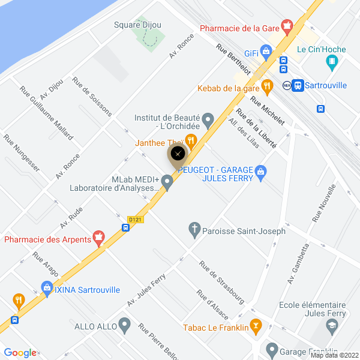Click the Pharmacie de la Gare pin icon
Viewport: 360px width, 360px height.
(x=287, y=26)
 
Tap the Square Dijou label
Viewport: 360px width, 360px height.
(x=138, y=25)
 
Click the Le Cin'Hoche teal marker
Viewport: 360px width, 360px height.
(x=331, y=61)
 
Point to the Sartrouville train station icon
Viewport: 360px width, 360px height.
(x=298, y=85)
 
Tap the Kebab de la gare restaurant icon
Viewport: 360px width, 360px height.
(x=267, y=86)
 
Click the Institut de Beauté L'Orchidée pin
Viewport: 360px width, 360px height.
(x=208, y=121)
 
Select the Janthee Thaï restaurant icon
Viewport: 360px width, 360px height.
(x=191, y=141)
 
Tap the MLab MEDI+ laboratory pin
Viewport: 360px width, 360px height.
(x=167, y=182)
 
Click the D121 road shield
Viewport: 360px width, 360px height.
(x=135, y=220)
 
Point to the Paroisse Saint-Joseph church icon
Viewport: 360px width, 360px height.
(x=194, y=229)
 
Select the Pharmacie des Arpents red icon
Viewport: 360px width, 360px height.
(x=100, y=239)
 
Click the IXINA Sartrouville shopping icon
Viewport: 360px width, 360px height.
(x=47, y=288)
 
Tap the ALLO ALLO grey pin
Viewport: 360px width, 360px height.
(x=124, y=326)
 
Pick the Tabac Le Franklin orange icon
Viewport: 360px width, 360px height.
(x=257, y=327)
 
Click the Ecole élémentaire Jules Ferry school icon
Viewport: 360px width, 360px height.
(x=331, y=326)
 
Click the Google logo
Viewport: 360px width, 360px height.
(x=20, y=353)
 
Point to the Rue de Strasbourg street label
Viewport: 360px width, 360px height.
(x=222, y=281)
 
